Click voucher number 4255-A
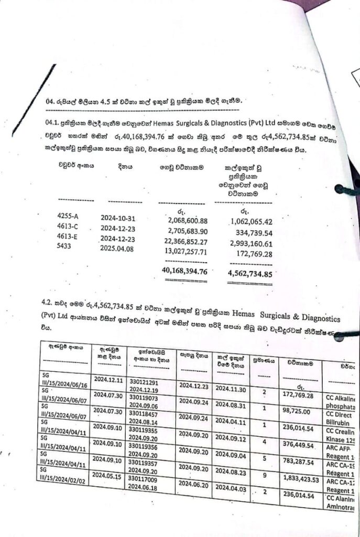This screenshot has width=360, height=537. point(68,216)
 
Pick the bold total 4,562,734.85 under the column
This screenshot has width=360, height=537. point(250,273)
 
